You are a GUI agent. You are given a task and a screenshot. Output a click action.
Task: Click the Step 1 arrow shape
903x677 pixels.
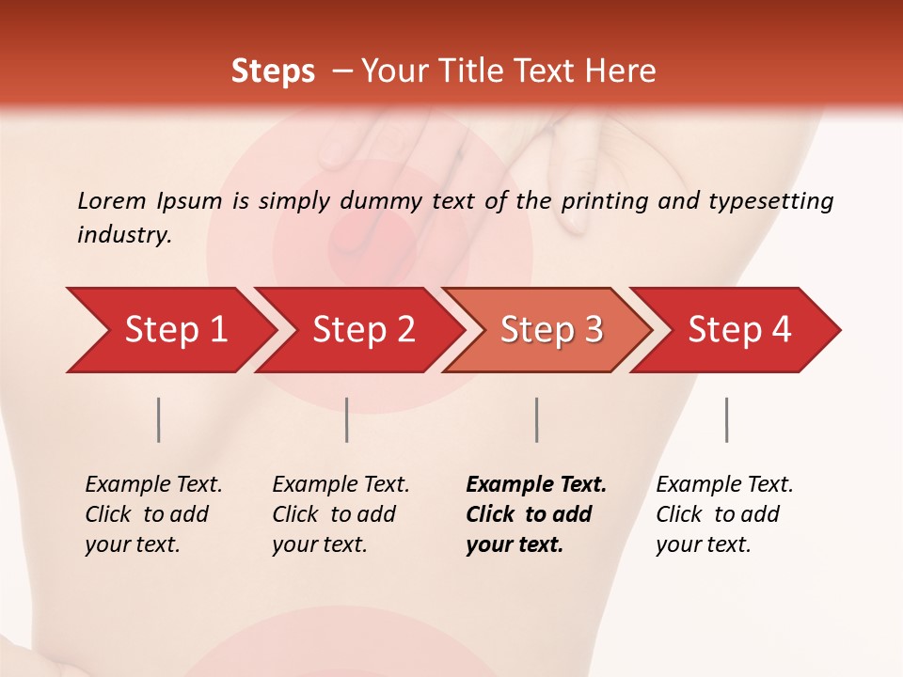tap(169, 330)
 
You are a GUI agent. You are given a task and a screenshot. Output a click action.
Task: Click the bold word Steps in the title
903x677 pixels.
tap(273, 71)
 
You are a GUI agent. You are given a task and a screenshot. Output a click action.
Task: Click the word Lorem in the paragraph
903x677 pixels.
tap(112, 201)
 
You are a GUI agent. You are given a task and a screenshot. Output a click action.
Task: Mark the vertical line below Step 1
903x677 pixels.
tap(159, 419)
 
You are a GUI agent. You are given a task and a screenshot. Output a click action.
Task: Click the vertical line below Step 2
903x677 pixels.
tap(347, 419)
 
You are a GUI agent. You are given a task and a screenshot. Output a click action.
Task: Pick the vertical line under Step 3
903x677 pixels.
tap(536, 419)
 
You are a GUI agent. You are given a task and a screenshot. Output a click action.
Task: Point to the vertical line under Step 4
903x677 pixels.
tap(726, 419)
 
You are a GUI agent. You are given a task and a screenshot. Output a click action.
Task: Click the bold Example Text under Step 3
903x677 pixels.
tap(536, 485)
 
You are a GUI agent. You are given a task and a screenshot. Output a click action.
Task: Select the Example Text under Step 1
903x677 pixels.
tap(153, 485)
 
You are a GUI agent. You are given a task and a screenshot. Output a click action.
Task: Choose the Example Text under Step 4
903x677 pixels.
tap(724, 485)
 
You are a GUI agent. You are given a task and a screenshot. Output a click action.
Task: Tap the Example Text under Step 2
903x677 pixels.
tap(341, 485)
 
